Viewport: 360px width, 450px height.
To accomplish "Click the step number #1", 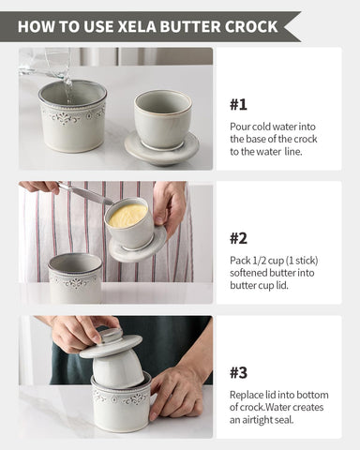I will (239, 104).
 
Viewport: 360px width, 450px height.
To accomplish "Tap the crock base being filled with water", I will (71, 117).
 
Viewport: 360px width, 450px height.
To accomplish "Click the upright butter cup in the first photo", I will (162, 119).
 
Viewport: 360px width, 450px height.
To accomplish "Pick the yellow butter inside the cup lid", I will (127, 217).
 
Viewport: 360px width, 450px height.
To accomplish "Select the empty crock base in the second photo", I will (74, 277).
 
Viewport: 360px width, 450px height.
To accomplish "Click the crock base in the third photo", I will (120, 407).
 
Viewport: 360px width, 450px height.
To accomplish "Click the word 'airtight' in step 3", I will (262, 421).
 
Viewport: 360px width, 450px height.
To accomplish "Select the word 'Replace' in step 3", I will (247, 395).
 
